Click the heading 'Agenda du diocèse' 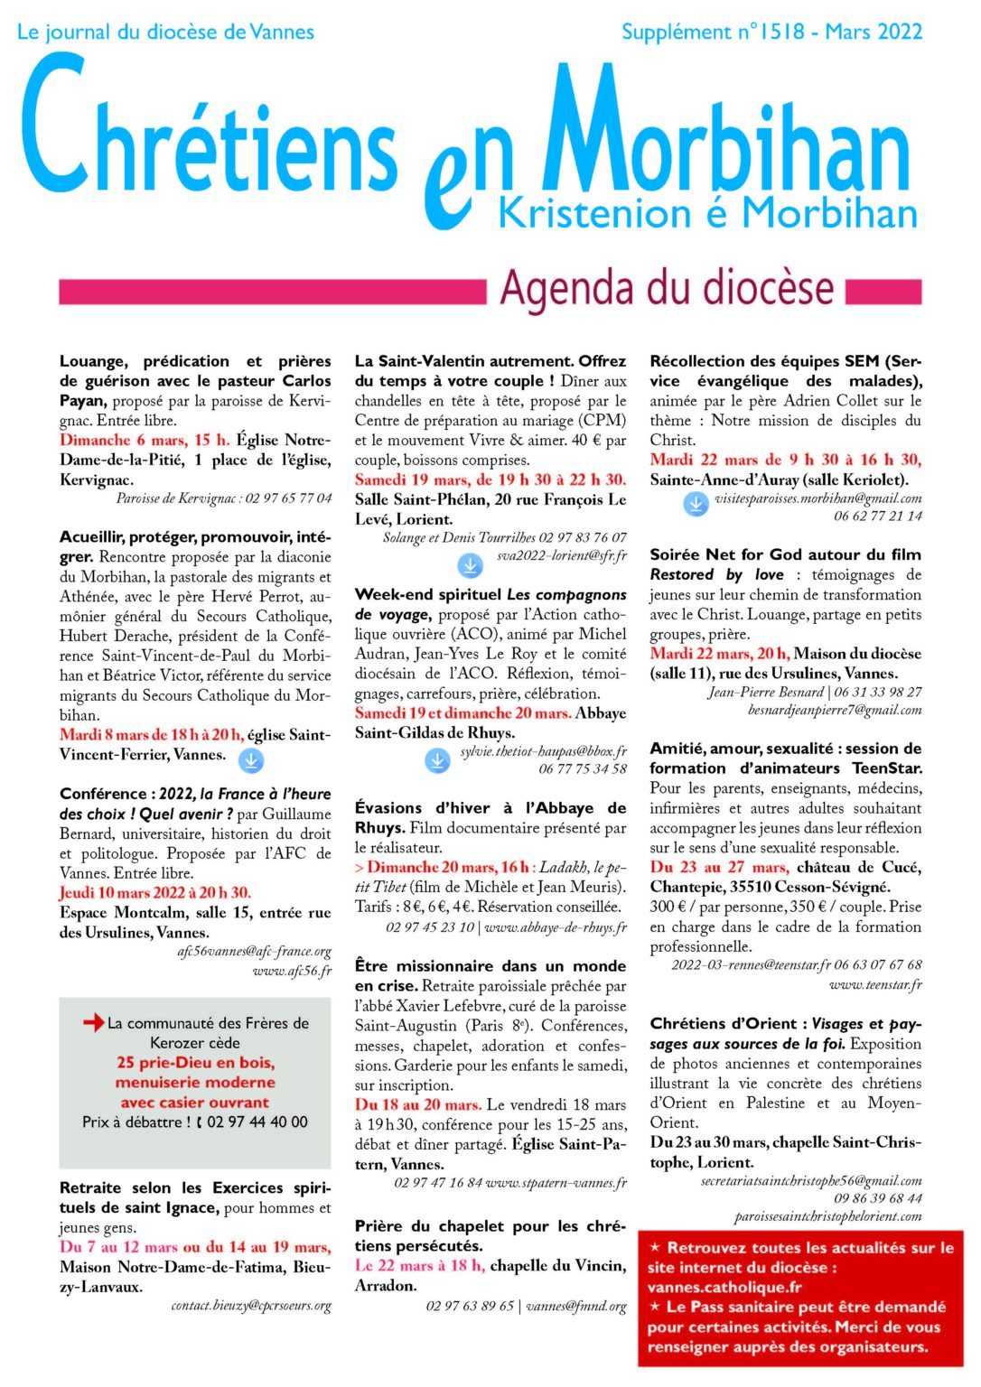click(x=667, y=289)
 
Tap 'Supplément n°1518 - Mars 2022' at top click(x=771, y=33)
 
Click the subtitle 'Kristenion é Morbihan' click(x=707, y=214)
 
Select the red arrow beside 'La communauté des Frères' click(x=93, y=1022)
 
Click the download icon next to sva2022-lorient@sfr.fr click(x=470, y=565)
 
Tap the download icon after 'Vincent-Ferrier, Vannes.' click(x=251, y=761)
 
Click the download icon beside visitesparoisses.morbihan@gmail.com click(x=696, y=504)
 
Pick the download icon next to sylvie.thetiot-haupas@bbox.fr click(x=437, y=760)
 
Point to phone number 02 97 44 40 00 click(x=257, y=1122)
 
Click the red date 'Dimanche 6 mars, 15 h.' click(x=145, y=440)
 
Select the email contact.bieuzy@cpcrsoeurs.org click(x=251, y=1305)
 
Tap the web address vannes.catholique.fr click(x=724, y=1287)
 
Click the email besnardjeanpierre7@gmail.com click(x=835, y=710)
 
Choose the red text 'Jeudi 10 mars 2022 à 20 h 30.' click(x=155, y=892)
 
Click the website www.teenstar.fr click(x=874, y=984)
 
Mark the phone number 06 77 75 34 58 click(x=583, y=768)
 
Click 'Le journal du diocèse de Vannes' click(x=166, y=33)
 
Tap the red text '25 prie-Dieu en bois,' click(x=195, y=1062)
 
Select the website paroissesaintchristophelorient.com click(x=827, y=1216)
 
